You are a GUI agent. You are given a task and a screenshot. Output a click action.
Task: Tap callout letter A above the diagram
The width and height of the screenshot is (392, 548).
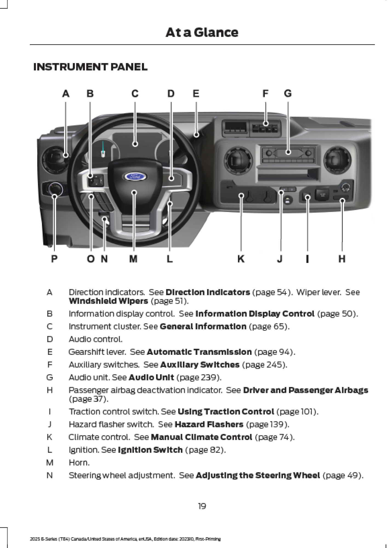66,94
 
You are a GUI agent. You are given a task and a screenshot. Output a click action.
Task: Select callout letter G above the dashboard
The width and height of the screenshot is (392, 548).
288,94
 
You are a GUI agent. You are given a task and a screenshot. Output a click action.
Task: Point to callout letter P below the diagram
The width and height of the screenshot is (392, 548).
54,259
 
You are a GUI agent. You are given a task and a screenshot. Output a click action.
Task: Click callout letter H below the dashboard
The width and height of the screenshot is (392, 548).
342,259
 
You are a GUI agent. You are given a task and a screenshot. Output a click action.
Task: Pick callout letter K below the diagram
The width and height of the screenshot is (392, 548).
241,259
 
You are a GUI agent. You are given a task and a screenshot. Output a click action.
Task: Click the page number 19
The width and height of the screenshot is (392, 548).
202,506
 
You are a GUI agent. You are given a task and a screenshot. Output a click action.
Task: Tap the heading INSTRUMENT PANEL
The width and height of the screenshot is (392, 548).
90,67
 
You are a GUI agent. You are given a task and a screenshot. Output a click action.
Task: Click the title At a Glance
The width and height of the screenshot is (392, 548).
202,32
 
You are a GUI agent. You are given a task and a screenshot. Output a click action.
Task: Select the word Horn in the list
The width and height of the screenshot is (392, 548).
79,463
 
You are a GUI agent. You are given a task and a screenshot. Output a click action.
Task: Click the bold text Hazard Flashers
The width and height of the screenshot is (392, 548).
209,424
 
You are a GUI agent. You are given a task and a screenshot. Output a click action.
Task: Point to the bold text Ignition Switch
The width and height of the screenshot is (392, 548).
150,450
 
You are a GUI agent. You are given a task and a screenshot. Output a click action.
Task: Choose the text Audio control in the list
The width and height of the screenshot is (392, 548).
95,339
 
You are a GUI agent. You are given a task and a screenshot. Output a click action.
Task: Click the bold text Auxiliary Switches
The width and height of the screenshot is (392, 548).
200,365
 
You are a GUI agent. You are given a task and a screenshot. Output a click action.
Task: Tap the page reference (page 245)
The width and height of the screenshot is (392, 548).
265,365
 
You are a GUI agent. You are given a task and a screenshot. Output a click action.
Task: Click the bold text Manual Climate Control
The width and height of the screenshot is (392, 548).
201,437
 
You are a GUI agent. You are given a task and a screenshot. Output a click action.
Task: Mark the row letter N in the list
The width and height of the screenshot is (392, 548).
50,475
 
